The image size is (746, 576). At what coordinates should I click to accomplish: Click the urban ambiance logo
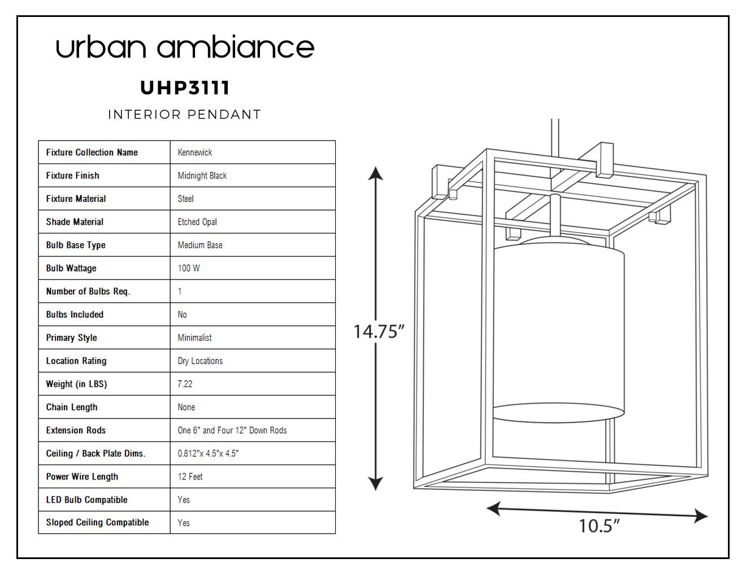[185, 46]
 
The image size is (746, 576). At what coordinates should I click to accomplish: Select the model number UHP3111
[185, 88]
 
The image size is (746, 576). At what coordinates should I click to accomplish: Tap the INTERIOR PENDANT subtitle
[185, 115]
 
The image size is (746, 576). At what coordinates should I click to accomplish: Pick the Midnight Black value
[202, 176]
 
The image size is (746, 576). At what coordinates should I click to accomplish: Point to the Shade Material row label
[75, 222]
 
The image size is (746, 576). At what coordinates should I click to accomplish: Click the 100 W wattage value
[188, 268]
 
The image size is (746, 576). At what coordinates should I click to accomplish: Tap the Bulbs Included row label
[75, 315]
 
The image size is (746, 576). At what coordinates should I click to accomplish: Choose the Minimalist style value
[194, 338]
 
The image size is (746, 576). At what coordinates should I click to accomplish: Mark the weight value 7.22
[185, 384]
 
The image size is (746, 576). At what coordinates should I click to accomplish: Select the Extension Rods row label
[76, 430]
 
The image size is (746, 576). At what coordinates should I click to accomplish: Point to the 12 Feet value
[190, 477]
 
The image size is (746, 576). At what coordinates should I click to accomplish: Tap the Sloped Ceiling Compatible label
[98, 522]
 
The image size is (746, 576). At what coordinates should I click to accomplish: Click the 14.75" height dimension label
[379, 331]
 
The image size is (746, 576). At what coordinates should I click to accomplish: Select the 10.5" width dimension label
[600, 526]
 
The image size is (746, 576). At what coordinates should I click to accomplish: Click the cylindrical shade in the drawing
[558, 330]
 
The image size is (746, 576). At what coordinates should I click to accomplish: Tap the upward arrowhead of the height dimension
[376, 173]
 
